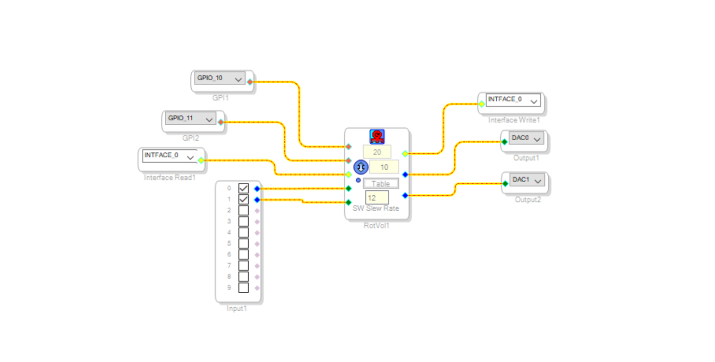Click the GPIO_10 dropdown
(x=219, y=79)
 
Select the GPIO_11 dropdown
(x=190, y=118)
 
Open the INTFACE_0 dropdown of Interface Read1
(x=170, y=155)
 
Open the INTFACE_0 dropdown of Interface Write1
(x=513, y=100)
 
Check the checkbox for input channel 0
(x=243, y=188)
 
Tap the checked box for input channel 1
(x=243, y=200)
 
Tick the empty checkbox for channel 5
(x=243, y=243)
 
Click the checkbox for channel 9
(x=243, y=288)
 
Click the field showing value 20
(x=377, y=152)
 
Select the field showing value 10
(x=384, y=167)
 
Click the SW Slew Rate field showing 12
(x=377, y=197)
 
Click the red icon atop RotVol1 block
(x=377, y=136)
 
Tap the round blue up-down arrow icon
(x=360, y=167)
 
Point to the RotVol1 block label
(x=376, y=226)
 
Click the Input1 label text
(x=236, y=308)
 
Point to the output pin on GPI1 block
(x=250, y=82)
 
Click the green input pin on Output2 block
(x=505, y=183)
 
